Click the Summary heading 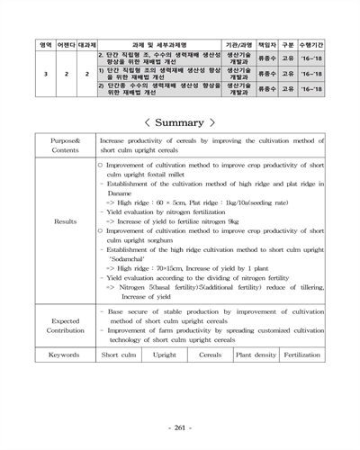(x=180, y=121)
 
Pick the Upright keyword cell (x=165, y=355)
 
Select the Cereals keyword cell (x=210, y=355)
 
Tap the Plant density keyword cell (x=256, y=355)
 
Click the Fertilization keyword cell (x=301, y=355)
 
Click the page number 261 (x=180, y=426)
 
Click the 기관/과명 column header (x=238, y=42)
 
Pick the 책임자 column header (x=267, y=42)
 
